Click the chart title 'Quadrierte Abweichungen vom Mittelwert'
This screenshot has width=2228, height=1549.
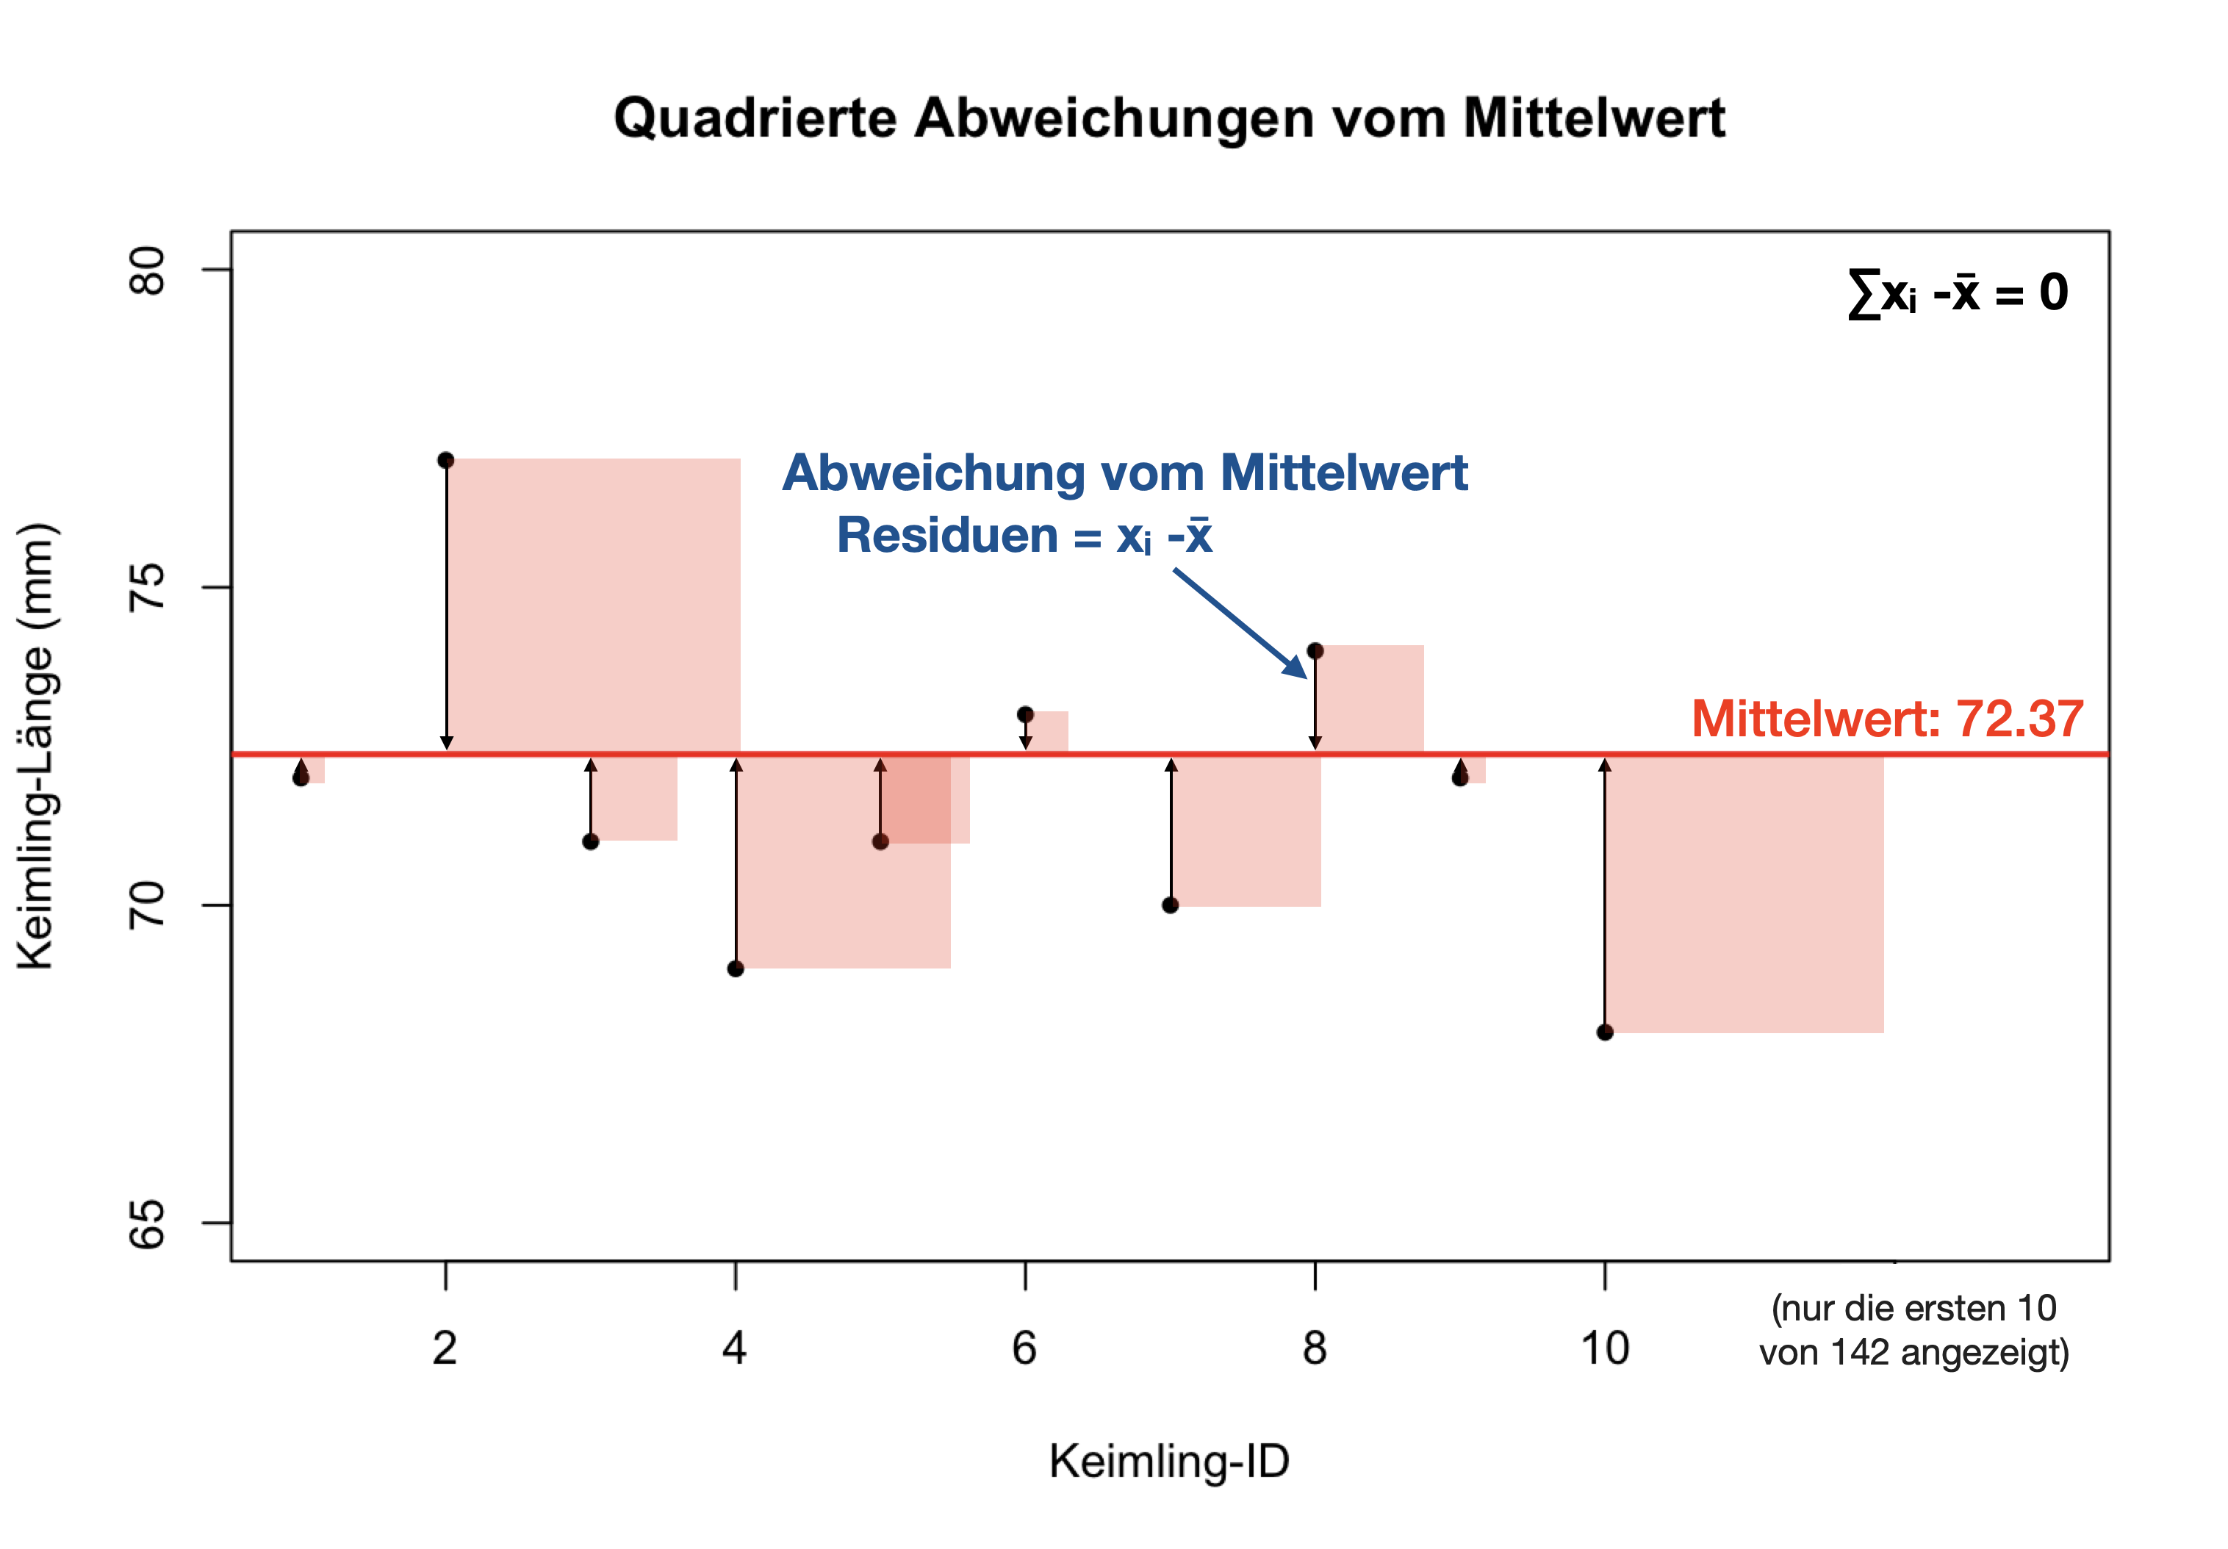coord(1168,118)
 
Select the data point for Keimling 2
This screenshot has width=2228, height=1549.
coord(445,460)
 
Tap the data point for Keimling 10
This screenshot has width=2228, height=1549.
coord(1605,1032)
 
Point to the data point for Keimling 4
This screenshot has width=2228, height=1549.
coord(736,968)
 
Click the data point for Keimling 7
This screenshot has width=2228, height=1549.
coord(1171,905)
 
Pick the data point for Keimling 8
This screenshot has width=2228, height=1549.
coord(1315,650)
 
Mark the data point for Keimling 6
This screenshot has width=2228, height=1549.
coord(1025,714)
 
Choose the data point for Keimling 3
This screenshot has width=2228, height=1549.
coord(591,841)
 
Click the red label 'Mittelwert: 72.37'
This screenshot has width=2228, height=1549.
coord(1886,719)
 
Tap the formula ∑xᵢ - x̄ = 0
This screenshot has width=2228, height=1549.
coord(1958,293)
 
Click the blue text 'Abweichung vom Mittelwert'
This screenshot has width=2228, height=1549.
coord(1125,474)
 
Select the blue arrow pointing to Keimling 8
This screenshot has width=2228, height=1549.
coord(1240,623)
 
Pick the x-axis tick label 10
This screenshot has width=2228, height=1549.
coord(1605,1348)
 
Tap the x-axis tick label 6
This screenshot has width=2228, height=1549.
coord(1025,1348)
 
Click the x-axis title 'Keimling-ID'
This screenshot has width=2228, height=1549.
coord(1168,1461)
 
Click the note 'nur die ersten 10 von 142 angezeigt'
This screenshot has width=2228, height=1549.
coord(1913,1329)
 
